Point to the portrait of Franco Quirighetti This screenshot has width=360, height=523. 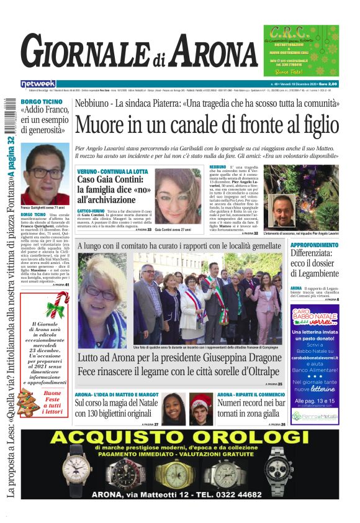coord(45,175)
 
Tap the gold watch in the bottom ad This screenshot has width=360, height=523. coord(174,473)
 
